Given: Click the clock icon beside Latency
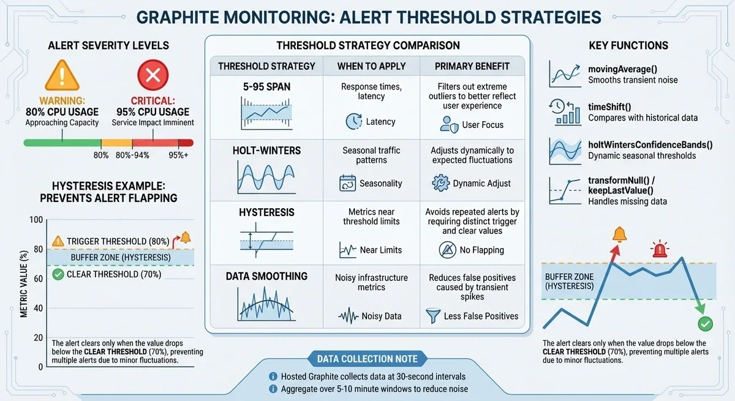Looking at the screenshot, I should coord(353,121).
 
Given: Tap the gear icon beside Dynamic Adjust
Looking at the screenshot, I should coord(440,182).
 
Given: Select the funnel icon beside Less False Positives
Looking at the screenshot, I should coord(434,315).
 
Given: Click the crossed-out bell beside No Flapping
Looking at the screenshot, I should coord(448,249).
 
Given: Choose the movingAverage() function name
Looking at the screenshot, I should coord(624,68).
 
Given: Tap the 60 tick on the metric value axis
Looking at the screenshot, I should coord(37,279).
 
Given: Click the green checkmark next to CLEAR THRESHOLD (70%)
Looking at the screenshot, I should coord(58,274).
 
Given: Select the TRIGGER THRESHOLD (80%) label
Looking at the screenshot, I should coord(118,241).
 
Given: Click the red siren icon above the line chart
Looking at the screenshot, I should coord(659,250).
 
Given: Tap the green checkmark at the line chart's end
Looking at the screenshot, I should coord(705,323).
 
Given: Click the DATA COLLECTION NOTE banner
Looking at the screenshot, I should coord(367,359).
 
